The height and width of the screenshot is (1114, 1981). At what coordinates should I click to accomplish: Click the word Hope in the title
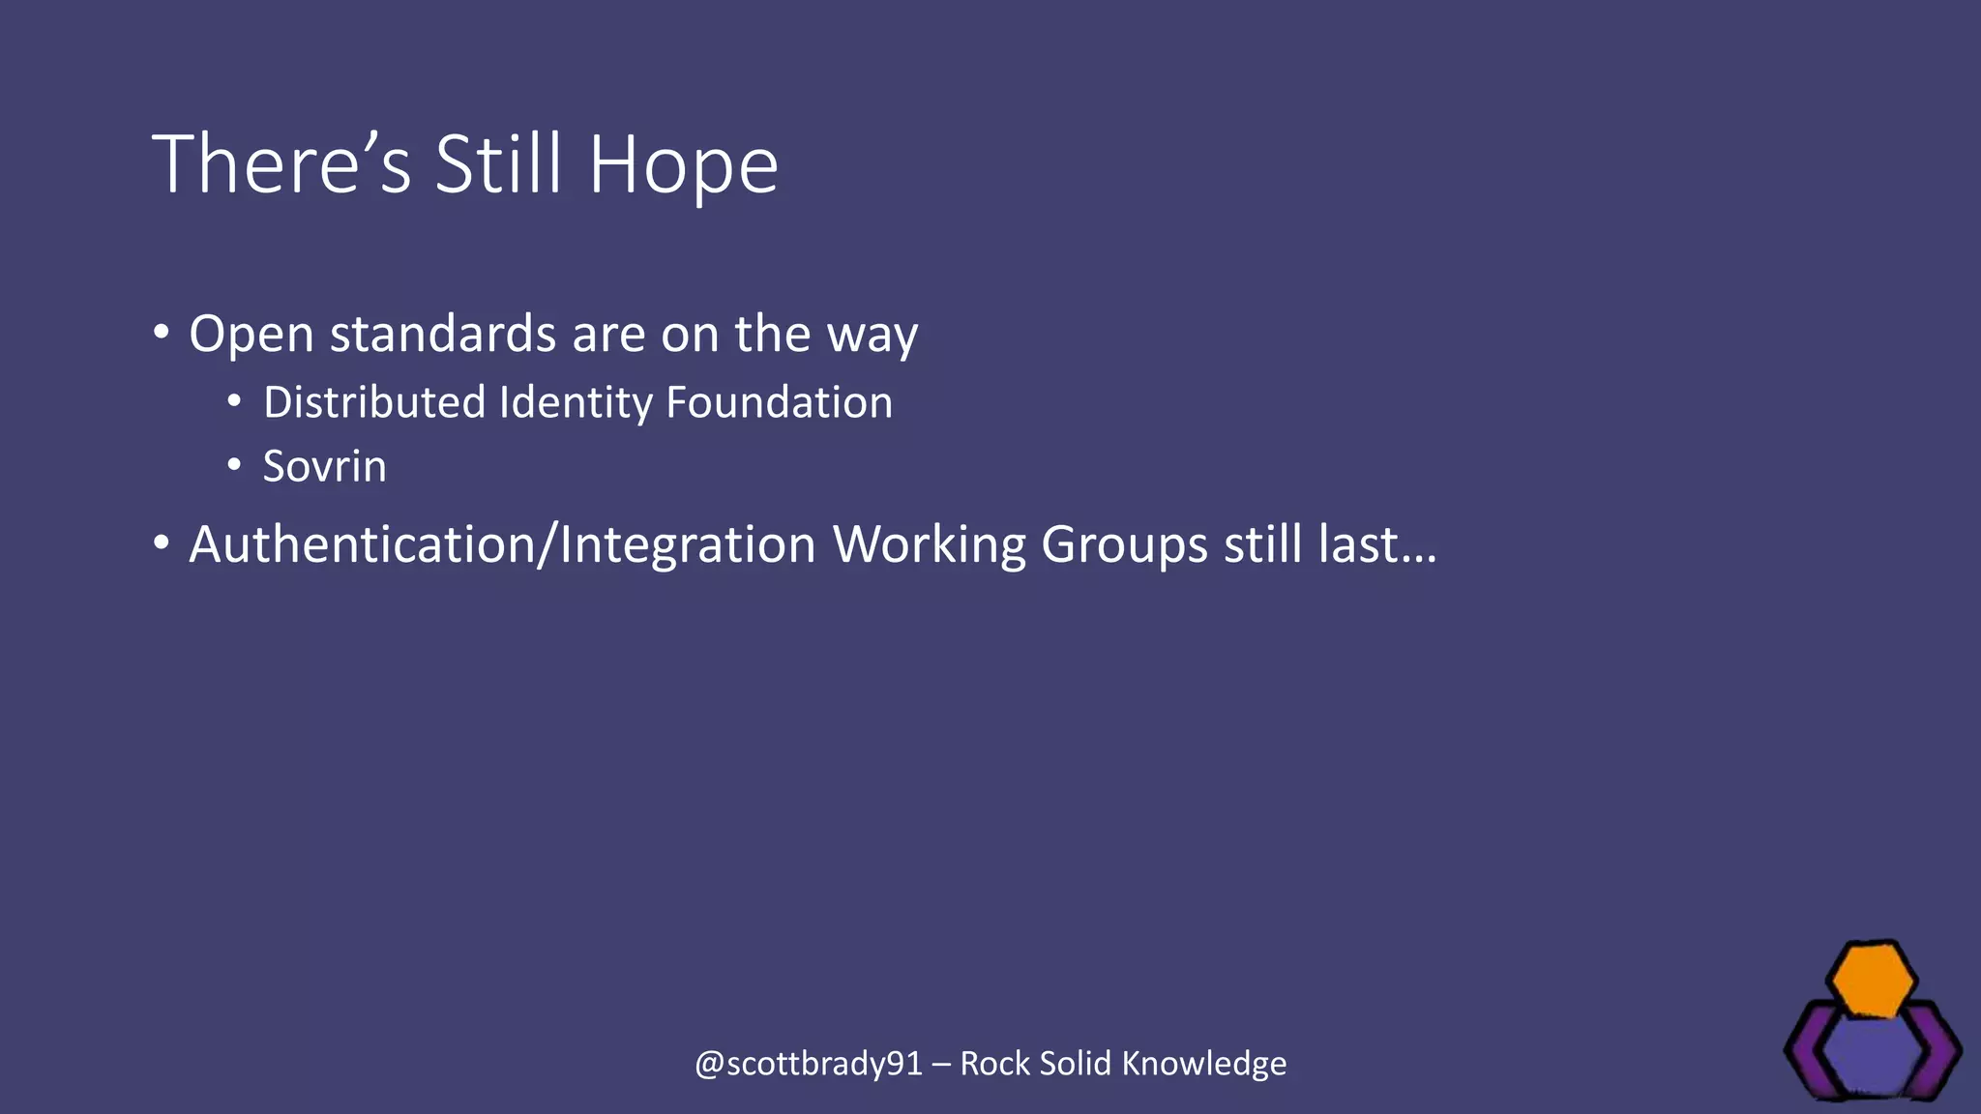coord(683,165)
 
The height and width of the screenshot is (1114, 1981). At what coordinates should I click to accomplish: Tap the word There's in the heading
coord(281,165)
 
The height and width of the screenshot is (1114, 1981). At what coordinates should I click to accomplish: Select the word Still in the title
coord(498,165)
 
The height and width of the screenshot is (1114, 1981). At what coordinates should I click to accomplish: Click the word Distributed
coord(373,402)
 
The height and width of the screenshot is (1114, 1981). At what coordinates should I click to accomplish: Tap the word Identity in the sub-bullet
coord(576,402)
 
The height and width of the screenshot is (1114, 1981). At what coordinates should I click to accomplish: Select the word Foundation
coord(779,402)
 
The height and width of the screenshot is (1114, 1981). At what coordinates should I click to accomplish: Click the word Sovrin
coord(324,466)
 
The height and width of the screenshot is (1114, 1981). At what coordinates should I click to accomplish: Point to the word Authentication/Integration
coord(502,544)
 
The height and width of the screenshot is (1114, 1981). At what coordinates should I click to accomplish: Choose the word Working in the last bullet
coord(929,544)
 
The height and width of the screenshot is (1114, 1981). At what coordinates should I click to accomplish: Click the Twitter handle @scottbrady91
coord(809,1064)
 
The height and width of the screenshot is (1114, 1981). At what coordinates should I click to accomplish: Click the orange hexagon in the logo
coord(1874,981)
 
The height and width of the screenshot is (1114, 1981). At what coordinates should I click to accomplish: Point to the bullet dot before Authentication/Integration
coord(161,543)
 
